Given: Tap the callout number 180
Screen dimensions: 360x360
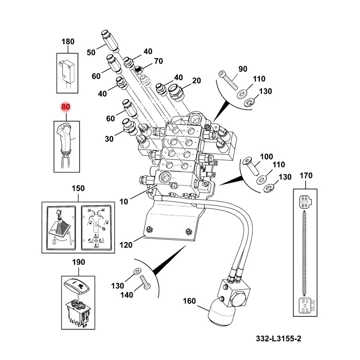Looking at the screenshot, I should [x=67, y=42].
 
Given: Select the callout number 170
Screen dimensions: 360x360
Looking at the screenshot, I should [x=306, y=175].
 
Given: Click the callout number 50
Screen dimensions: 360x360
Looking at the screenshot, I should [x=91, y=53].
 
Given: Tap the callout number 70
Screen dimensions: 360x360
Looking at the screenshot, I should [x=158, y=61].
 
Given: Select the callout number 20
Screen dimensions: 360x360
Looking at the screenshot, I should [x=196, y=81].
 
